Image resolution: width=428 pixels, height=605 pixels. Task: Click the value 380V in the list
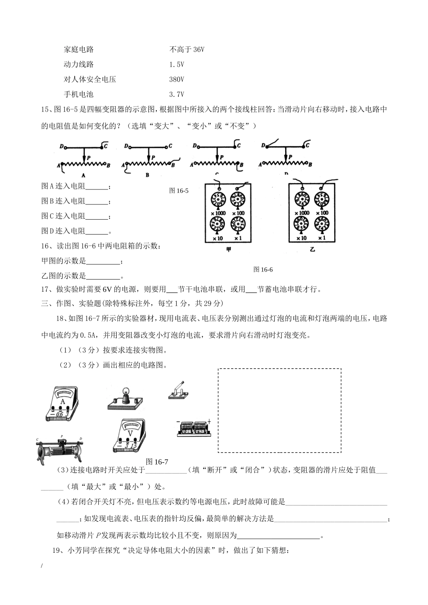click(x=177, y=80)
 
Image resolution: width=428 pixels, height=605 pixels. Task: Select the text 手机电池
click(x=78, y=95)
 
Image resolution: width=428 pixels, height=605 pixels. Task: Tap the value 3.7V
click(x=177, y=95)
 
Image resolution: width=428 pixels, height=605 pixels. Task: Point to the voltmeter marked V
click(x=129, y=435)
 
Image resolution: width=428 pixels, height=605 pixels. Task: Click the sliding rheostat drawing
click(x=60, y=450)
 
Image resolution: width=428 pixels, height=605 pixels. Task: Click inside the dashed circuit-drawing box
click(x=279, y=410)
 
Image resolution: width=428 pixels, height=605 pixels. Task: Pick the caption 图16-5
click(x=179, y=191)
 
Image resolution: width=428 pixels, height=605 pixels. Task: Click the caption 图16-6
click(x=263, y=270)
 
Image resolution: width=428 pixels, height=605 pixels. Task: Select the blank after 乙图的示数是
click(x=103, y=276)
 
